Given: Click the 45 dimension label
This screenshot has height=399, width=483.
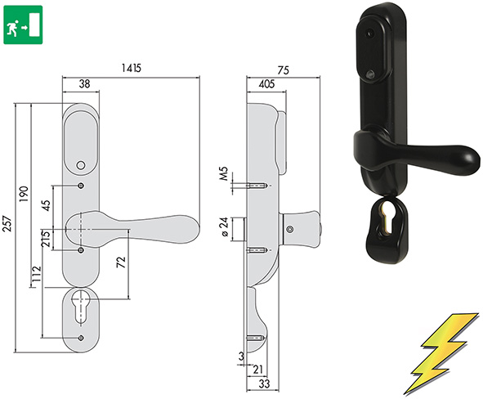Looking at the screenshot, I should (x=47, y=206).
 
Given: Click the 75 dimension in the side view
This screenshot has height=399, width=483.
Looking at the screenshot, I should (x=283, y=71).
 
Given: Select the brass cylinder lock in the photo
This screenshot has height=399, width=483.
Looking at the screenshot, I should (x=387, y=221).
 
